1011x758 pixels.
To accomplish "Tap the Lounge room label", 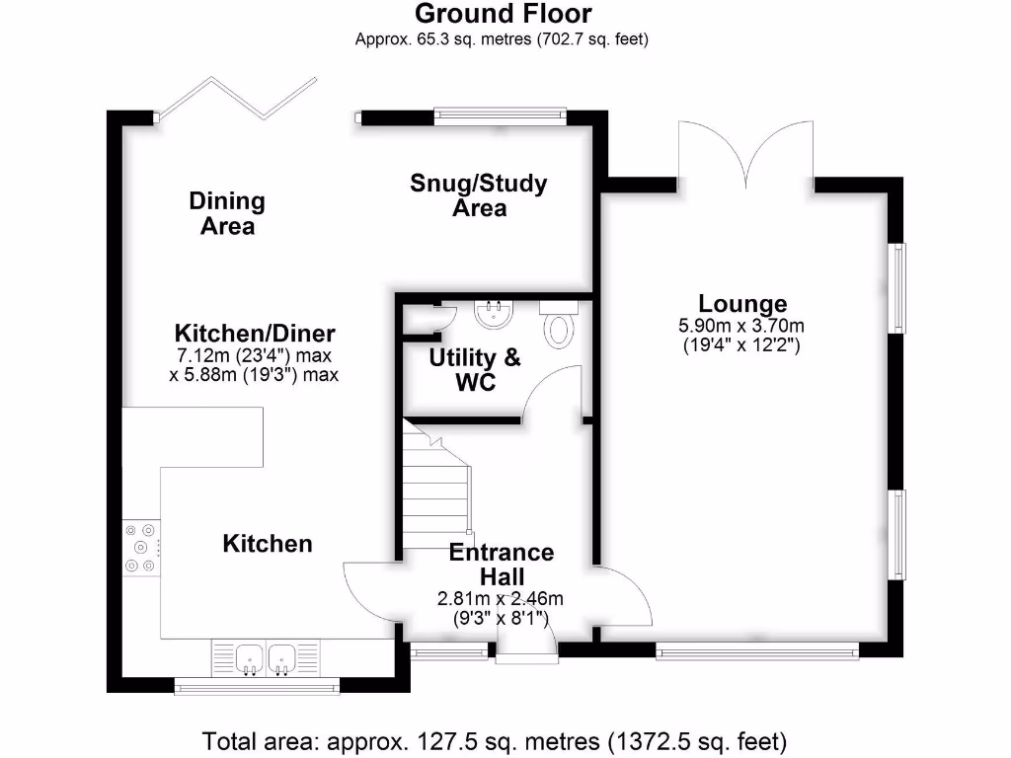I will click(x=742, y=304).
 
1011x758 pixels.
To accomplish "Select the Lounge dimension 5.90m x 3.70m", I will click(x=740, y=327).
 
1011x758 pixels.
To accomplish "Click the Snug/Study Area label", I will click(x=479, y=195).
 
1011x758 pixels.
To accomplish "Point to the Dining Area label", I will click(x=227, y=213).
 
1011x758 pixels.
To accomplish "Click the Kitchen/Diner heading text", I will click(x=255, y=333).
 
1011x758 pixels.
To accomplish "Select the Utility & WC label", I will click(x=474, y=369).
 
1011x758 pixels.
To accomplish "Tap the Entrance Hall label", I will click(x=502, y=564).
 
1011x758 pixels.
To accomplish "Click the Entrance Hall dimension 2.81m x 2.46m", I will click(x=501, y=598).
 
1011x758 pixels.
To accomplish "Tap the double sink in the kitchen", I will click(x=267, y=658).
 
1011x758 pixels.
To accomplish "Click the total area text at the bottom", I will click(x=494, y=740).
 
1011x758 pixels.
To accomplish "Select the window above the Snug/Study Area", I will click(x=500, y=115).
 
